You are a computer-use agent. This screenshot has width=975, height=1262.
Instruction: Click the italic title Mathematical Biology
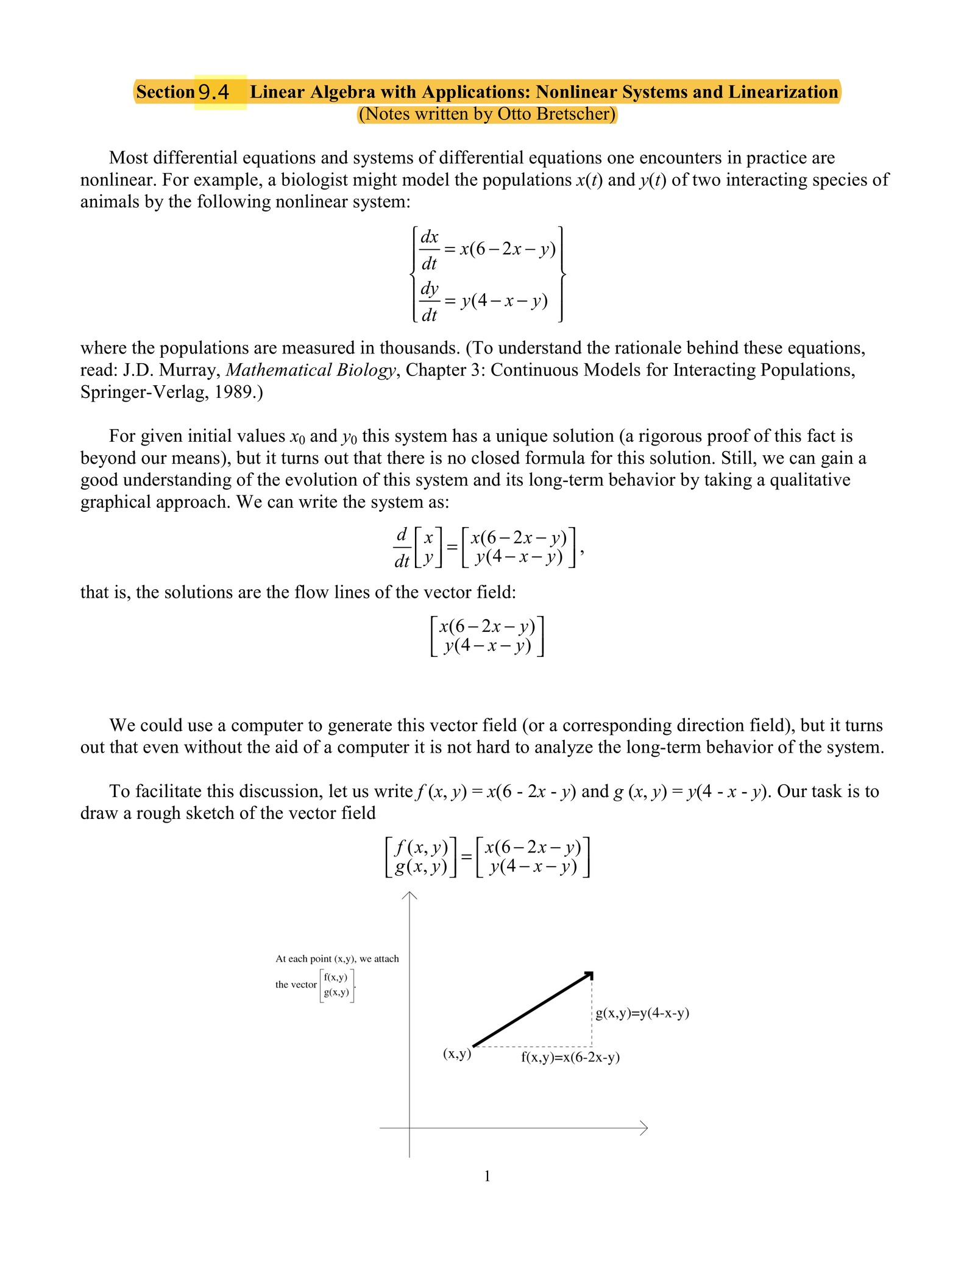pos(311,370)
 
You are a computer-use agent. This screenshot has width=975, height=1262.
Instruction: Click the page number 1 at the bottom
pos(487,1177)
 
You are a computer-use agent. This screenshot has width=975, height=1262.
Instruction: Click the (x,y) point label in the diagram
pos(457,1054)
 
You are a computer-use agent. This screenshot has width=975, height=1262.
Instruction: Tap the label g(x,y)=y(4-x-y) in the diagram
pos(642,1013)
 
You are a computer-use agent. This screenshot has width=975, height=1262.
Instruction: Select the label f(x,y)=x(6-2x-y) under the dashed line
pos(570,1057)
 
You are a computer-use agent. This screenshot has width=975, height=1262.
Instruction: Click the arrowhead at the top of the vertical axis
pos(409,895)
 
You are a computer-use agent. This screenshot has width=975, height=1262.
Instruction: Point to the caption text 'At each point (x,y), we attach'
pos(337,959)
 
